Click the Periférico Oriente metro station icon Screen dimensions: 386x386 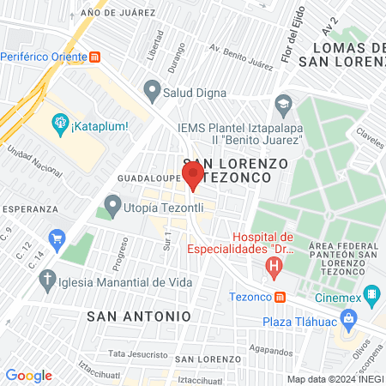[x=95, y=57]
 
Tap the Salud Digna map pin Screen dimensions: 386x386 [x=153, y=88]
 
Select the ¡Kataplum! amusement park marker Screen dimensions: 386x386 [x=59, y=124]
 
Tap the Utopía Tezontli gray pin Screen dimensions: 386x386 [x=112, y=206]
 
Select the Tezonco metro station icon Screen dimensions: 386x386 [x=280, y=298]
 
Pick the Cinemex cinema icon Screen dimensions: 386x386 [x=371, y=298]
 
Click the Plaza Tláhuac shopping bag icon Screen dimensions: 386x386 [x=347, y=322]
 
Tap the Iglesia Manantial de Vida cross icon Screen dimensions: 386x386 [x=48, y=280]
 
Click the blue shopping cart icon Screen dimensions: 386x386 [x=57, y=237]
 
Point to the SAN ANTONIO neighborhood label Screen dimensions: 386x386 [x=139, y=316]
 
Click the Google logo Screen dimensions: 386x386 [x=28, y=376]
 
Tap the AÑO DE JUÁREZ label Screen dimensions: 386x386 [x=118, y=13]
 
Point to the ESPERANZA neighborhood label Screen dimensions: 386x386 [x=29, y=208]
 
